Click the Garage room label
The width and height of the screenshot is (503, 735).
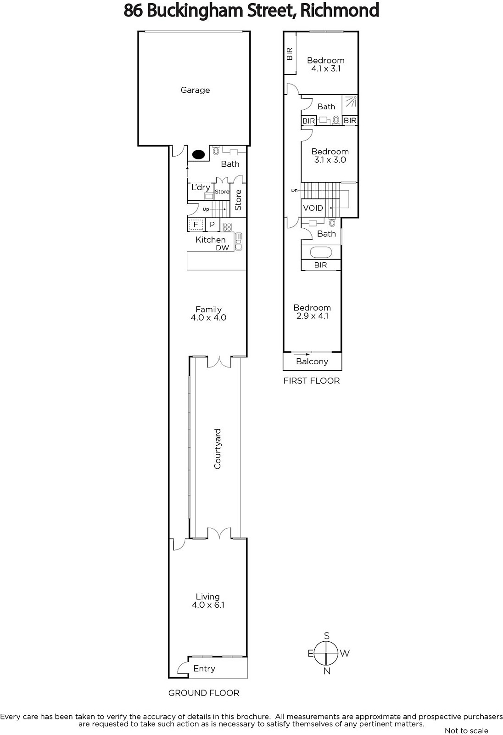pyautogui.click(x=195, y=90)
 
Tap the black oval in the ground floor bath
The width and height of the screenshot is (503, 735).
pyautogui.click(x=198, y=154)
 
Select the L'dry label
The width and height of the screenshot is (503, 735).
pyautogui.click(x=201, y=187)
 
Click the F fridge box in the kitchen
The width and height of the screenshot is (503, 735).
pyautogui.click(x=196, y=225)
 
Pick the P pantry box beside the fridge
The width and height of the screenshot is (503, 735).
pyautogui.click(x=212, y=225)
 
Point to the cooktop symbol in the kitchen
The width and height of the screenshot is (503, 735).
pyautogui.click(x=227, y=227)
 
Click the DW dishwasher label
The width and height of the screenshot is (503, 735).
pyautogui.click(x=222, y=248)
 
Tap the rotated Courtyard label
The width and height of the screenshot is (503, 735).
pyautogui.click(x=218, y=449)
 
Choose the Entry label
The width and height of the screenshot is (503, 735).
pyautogui.click(x=204, y=668)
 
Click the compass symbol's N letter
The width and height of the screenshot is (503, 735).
pyautogui.click(x=327, y=671)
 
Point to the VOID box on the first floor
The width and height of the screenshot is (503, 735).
pyautogui.click(x=313, y=208)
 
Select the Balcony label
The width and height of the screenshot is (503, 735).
pyautogui.click(x=312, y=362)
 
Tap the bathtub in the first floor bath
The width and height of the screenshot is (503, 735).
pyautogui.click(x=321, y=252)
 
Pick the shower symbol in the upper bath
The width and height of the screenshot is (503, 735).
pyautogui.click(x=351, y=102)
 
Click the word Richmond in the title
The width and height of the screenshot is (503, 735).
pyautogui.click(x=340, y=10)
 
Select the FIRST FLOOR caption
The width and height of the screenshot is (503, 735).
pyautogui.click(x=312, y=381)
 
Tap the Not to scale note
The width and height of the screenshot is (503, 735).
pyautogui.click(x=466, y=730)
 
